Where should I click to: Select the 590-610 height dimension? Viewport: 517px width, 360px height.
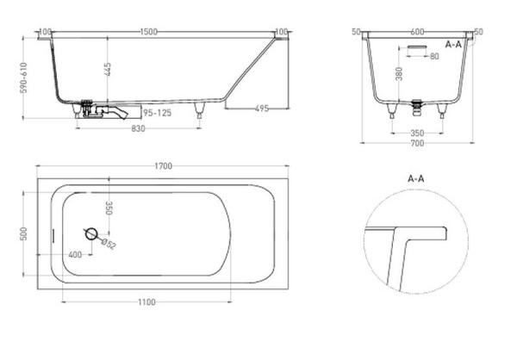(x=28, y=78)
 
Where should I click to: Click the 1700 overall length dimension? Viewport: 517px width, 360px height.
(x=163, y=166)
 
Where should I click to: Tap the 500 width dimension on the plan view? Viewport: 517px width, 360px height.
(x=28, y=233)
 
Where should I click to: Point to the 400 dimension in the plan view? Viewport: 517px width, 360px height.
(x=75, y=255)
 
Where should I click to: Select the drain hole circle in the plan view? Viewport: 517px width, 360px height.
(x=91, y=233)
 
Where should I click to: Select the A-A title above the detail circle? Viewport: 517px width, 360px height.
(x=417, y=178)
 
